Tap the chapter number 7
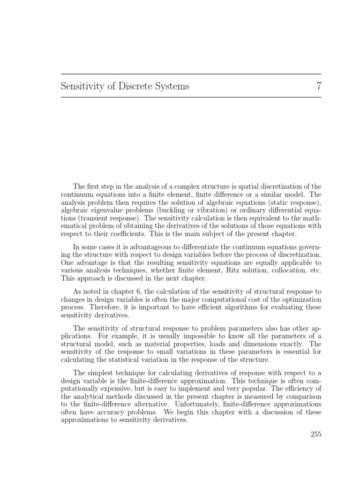[317, 86]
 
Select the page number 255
[315, 434]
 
